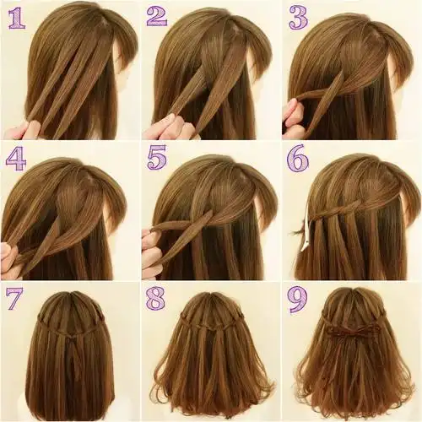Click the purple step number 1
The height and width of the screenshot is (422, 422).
click(17, 19)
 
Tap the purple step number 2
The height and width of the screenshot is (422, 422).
click(157, 16)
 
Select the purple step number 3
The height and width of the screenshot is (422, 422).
click(298, 19)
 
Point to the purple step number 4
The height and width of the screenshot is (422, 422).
click(16, 159)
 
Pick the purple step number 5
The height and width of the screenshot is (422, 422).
click(157, 158)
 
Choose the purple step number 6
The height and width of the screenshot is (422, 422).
click(298, 158)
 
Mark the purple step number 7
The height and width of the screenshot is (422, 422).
click(14, 298)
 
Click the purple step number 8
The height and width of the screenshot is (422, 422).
click(155, 298)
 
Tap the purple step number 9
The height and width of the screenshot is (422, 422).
click(297, 300)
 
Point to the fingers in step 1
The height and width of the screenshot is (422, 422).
click(23, 130)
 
